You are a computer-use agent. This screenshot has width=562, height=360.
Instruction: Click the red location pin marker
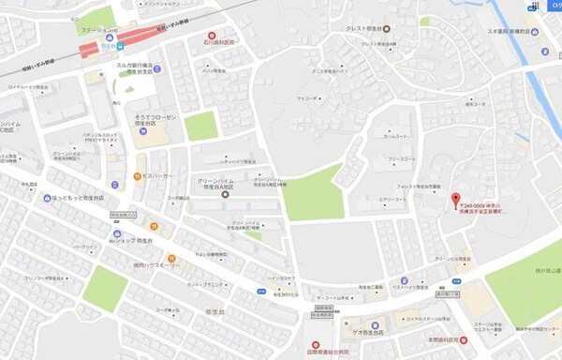(x=456, y=200)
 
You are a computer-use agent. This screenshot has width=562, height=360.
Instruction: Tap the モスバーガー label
(x=152, y=176)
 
